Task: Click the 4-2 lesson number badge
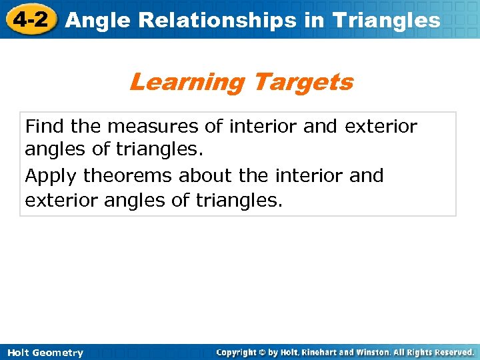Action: coord(29,19)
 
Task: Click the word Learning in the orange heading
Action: coord(187,83)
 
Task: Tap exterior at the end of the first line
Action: coord(381,126)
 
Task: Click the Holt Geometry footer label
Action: coord(45,353)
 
